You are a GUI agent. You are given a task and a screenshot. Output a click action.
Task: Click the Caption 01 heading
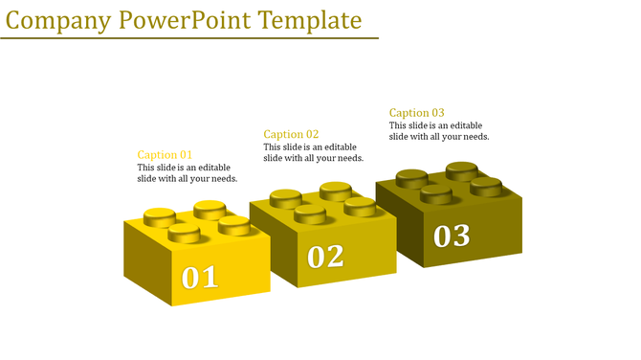165,155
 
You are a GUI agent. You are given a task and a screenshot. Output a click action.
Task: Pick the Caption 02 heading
291,134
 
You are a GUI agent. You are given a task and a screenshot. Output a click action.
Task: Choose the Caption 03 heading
416,113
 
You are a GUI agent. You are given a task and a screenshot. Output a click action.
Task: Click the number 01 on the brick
200,278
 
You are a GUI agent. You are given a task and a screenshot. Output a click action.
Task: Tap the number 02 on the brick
325,257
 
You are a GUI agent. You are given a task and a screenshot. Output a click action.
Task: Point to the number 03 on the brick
452,236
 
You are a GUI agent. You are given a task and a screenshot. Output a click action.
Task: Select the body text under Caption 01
187,173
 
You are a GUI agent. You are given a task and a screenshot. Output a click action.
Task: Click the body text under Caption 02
313,152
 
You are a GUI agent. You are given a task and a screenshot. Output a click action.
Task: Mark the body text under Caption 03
439,131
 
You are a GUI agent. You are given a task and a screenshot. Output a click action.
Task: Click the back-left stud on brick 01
159,215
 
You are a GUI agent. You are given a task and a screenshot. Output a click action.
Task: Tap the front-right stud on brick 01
233,225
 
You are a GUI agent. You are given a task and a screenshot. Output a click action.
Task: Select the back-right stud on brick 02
335,191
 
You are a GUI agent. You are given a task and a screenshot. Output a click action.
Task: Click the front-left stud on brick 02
310,213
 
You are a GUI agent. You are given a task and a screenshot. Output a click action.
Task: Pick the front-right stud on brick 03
486,186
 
